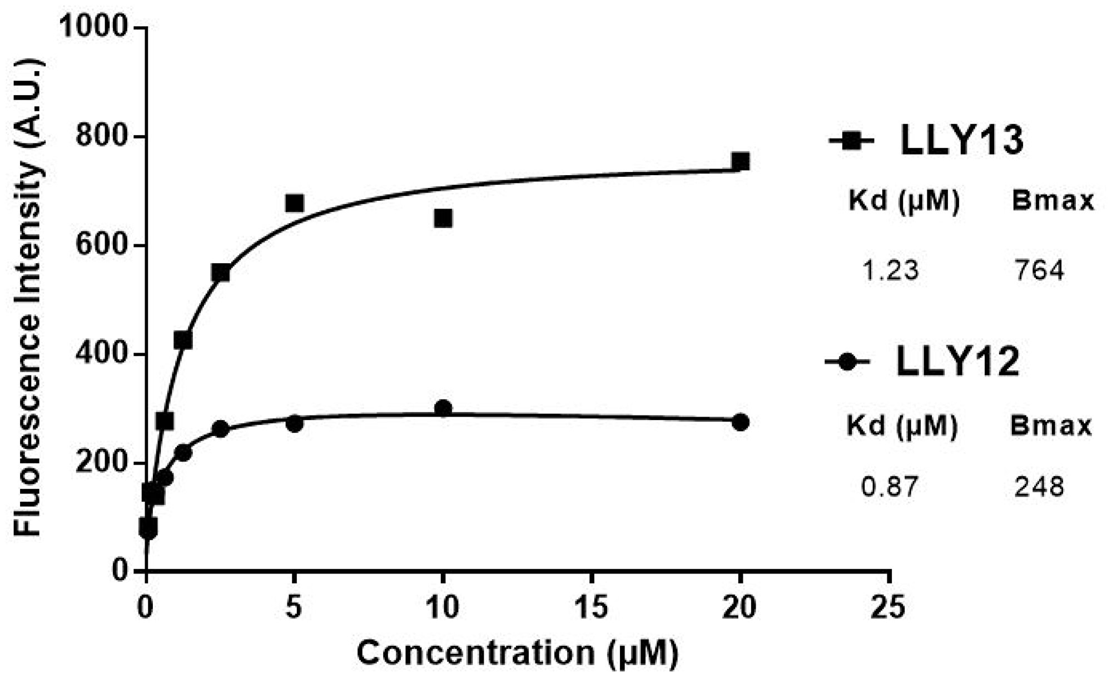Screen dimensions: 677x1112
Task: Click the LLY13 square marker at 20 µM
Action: [740, 162]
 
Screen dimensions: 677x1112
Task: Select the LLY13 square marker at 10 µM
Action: [443, 218]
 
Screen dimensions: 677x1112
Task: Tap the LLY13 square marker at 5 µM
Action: [295, 204]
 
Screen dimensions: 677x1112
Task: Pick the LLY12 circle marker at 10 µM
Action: [443, 409]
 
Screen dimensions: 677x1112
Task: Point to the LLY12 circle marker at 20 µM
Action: [740, 422]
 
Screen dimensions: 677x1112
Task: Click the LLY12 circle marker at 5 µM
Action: [295, 424]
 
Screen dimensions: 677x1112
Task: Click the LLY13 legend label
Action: [962, 141]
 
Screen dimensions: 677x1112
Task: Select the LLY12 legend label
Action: [958, 362]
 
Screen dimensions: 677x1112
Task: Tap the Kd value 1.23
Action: [890, 271]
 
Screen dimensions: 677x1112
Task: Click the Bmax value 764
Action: [1039, 271]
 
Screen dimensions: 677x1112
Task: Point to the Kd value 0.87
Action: [890, 487]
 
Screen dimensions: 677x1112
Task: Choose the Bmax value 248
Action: [1039, 487]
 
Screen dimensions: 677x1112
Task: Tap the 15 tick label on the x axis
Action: [592, 607]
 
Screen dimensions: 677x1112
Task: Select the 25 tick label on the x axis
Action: [888, 607]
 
